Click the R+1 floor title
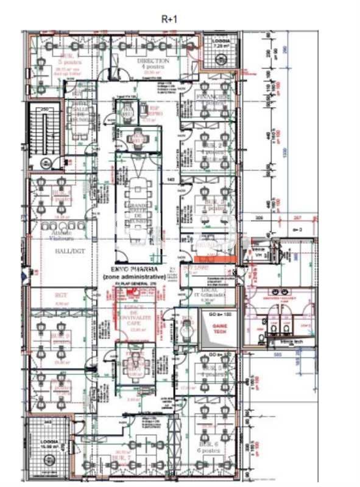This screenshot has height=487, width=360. [169, 19]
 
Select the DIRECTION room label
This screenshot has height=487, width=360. [149, 61]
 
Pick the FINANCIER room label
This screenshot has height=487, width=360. [213, 97]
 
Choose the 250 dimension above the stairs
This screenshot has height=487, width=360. [44, 109]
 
